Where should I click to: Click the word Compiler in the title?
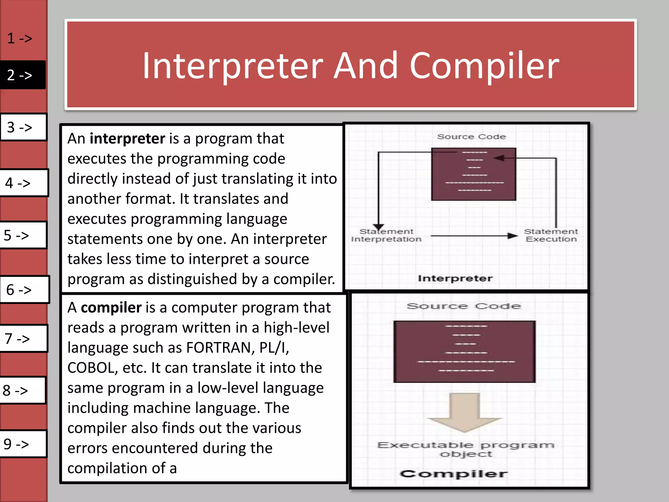[484, 67]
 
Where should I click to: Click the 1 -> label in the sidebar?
[20, 38]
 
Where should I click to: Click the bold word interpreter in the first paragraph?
[127, 139]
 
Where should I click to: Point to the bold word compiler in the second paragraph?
[111, 308]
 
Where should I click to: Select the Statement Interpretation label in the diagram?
[386, 235]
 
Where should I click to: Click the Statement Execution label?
[551, 235]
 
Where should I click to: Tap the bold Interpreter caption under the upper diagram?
[455, 278]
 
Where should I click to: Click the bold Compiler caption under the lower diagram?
[454, 474]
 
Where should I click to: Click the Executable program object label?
[466, 449]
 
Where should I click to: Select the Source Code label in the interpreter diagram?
[471, 137]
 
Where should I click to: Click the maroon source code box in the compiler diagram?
[464, 351]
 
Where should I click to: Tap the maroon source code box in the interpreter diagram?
[473, 174]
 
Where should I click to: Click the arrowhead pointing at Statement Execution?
[512, 236]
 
